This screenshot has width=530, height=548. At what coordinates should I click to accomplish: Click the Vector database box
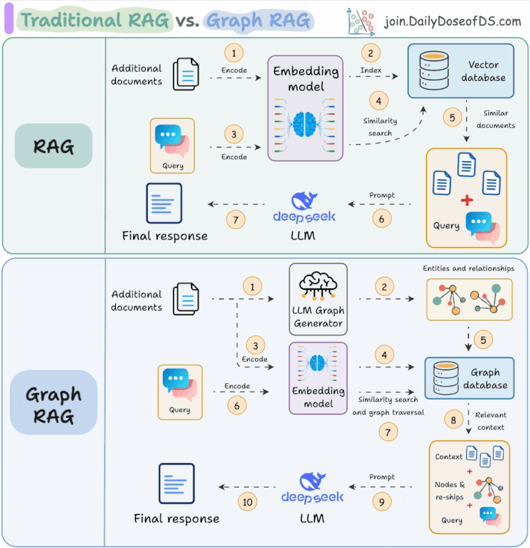tap(460, 70)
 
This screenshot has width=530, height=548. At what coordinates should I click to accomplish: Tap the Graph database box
tap(469, 377)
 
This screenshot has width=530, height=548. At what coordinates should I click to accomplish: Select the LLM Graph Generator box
tap(318, 299)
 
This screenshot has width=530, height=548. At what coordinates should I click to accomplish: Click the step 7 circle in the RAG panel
tap(235, 220)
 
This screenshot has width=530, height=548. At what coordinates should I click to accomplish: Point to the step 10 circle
tap(247, 502)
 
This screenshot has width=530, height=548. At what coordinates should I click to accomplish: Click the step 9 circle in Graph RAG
tap(382, 502)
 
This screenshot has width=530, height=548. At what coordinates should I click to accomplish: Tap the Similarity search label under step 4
tap(380, 127)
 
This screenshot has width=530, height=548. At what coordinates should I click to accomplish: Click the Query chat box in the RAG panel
tap(172, 146)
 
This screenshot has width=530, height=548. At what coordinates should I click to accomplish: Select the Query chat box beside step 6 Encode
tap(180, 392)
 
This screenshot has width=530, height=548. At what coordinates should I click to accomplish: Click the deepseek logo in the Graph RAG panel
tap(312, 488)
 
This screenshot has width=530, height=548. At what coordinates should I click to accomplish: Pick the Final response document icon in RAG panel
tap(164, 203)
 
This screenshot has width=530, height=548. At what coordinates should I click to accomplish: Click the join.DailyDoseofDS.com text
tap(452, 21)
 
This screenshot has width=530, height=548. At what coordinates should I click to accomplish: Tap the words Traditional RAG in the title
tap(95, 20)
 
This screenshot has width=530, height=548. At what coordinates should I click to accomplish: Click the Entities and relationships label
tap(468, 268)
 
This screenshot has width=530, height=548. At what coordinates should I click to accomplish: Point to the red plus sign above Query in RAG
tap(467, 200)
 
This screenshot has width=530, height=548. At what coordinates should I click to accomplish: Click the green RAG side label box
tap(54, 146)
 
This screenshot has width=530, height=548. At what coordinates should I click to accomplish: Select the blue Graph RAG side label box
tap(54, 402)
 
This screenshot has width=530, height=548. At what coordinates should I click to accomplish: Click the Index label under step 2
tap(370, 70)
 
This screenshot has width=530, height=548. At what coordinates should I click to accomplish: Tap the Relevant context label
tap(490, 421)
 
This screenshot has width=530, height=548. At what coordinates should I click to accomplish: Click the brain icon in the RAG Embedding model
tap(305, 124)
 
